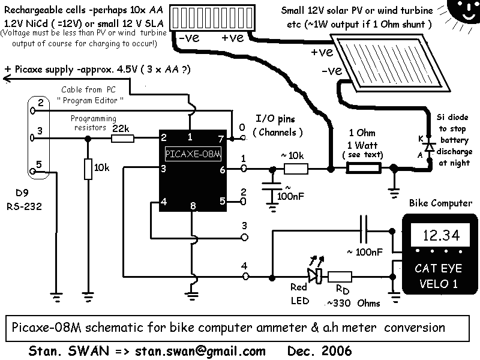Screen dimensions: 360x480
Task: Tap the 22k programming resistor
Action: (123, 138)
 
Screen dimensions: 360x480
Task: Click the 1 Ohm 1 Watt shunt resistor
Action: (365, 170)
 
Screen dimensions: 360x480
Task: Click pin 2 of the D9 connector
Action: (40, 103)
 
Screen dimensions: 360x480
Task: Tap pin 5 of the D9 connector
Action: (40, 164)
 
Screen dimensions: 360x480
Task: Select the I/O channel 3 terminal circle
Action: (244, 237)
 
